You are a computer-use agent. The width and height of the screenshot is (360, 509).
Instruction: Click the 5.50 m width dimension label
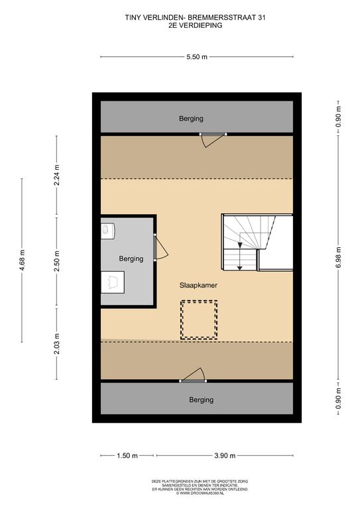point(197,57)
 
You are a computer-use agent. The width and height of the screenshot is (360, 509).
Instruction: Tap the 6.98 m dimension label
point(339,258)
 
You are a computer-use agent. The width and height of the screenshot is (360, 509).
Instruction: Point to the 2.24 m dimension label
point(57,175)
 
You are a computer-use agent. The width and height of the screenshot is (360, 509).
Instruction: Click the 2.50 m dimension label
point(57,261)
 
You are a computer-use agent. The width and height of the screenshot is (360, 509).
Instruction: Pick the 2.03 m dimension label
point(57,344)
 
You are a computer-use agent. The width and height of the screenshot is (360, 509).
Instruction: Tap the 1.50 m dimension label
point(127,456)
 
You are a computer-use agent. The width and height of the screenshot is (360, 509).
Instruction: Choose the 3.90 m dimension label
point(225,456)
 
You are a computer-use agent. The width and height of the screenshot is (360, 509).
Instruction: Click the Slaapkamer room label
point(198,286)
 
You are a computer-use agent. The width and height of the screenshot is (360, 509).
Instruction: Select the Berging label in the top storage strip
point(191,119)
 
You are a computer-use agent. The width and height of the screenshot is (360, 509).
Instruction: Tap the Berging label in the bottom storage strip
point(202,400)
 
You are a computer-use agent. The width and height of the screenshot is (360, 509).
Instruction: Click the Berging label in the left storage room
point(131,258)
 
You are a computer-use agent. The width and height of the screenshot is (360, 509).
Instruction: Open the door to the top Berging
point(213,140)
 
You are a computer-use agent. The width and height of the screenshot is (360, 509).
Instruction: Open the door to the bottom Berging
point(193,375)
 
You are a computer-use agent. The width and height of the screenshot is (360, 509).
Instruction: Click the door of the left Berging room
point(160,247)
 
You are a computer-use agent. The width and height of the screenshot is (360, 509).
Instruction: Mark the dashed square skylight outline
point(199,319)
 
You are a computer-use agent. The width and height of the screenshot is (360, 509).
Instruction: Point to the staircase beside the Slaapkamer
point(249,242)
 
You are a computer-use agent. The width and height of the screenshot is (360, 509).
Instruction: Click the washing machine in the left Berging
point(107,231)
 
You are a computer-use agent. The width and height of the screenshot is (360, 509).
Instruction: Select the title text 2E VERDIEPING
point(196,25)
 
